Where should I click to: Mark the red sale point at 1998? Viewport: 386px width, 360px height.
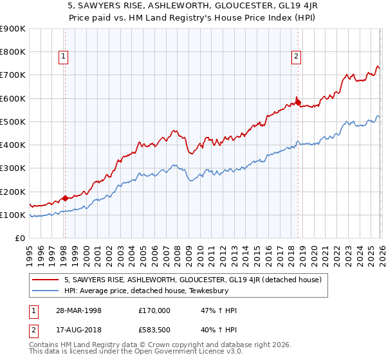[65, 199]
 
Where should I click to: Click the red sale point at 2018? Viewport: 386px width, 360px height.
[297, 102]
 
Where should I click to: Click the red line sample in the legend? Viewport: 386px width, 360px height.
[46, 280]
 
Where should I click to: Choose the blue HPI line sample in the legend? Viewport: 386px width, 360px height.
[46, 291]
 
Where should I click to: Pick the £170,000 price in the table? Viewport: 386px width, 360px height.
[154, 310]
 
